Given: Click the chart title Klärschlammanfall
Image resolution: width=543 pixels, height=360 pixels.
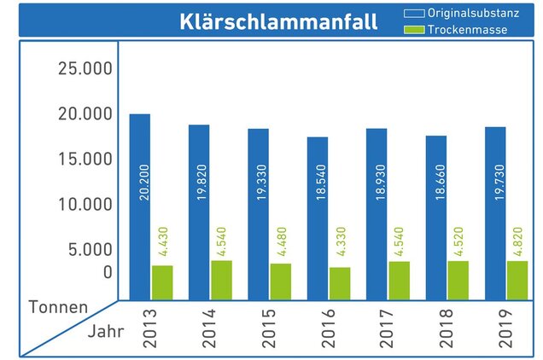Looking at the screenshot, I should click(278, 21).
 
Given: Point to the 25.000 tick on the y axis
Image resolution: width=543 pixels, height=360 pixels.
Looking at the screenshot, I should click(85, 68).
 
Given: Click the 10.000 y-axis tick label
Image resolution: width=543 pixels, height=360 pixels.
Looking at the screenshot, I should click(85, 204).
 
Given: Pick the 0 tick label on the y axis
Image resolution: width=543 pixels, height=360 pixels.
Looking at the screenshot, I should click(107, 272).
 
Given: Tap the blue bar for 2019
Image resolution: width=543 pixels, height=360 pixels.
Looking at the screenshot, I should click(495, 213).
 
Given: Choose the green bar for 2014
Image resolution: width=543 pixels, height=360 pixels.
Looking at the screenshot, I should click(221, 280).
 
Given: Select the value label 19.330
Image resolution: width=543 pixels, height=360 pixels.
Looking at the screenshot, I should click(259, 183).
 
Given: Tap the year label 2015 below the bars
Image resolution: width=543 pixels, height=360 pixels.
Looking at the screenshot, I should click(269, 329).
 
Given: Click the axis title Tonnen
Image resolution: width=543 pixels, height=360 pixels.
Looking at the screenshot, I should click(58, 306).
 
